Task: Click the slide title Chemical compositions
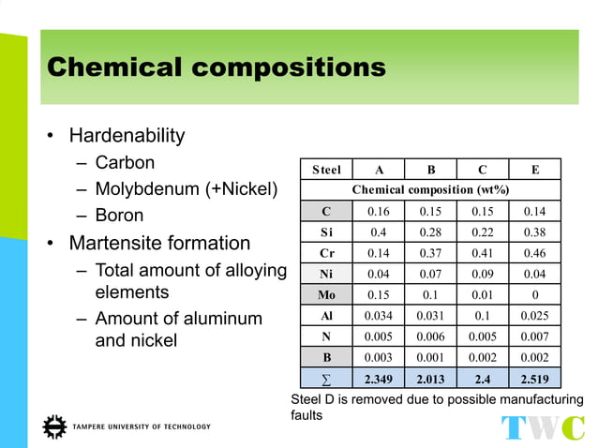216,67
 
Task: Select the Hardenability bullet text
127,136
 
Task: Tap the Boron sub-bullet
119,216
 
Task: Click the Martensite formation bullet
159,244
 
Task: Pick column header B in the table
430,170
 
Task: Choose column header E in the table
534,170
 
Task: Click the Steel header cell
326,170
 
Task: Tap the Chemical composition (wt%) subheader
430,190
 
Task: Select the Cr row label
326,253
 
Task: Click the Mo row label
326,294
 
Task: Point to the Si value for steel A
378,231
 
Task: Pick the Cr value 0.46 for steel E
534,253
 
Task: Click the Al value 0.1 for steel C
482,316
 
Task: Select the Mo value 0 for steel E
534,294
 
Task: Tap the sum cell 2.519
534,379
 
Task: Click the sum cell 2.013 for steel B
430,379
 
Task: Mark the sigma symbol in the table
326,379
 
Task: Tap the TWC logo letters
543,427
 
